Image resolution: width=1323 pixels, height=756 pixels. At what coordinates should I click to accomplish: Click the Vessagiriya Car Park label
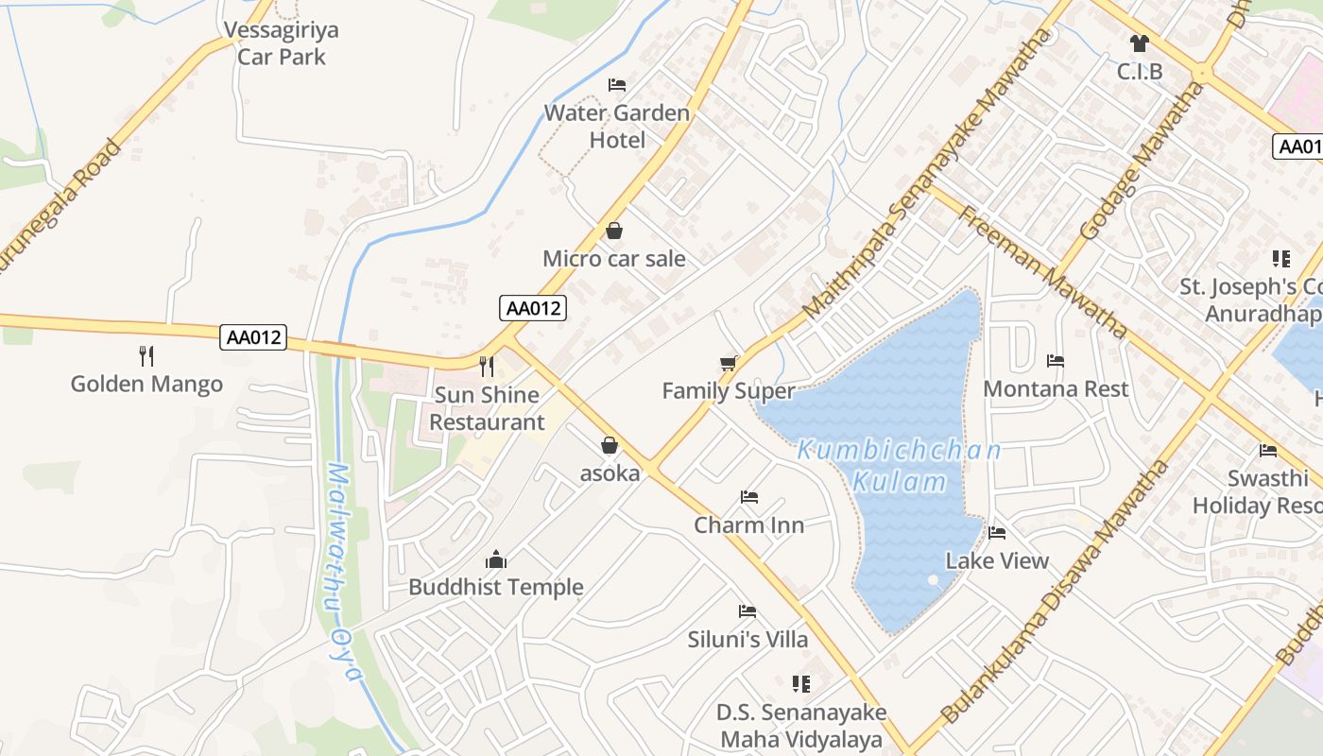[282, 43]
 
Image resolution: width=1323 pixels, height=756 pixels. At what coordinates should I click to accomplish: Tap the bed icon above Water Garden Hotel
[617, 85]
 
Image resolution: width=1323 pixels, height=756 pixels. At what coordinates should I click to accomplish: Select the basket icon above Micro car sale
[614, 231]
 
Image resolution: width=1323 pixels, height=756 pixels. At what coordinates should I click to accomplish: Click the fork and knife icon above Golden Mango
[146, 356]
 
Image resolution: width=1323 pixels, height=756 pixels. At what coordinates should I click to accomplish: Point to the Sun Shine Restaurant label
[487, 408]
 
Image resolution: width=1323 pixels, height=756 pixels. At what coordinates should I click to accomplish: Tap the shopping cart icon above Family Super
[728, 363]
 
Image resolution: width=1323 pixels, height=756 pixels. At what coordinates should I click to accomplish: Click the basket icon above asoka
[610, 445]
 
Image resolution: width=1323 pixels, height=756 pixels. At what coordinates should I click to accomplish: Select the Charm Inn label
[749, 525]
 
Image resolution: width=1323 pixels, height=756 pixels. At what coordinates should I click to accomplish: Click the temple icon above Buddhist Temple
[496, 559]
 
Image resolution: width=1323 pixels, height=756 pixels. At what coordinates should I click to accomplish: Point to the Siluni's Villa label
[747, 640]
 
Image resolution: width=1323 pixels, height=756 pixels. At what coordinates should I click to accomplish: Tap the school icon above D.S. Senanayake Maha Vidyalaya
[801, 683]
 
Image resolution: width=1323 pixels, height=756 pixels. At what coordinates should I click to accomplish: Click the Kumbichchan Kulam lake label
[899, 465]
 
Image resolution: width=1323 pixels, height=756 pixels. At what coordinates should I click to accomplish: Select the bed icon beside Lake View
[997, 533]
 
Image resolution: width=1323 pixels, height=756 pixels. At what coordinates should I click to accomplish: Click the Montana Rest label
[1056, 389]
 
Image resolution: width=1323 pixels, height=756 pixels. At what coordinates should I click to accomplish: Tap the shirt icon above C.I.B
[1139, 43]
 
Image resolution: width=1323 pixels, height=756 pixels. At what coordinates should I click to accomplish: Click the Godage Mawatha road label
[1142, 161]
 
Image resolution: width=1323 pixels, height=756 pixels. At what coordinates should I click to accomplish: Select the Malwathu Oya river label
[343, 571]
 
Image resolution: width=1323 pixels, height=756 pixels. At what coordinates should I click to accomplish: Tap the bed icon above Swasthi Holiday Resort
[1268, 451]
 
